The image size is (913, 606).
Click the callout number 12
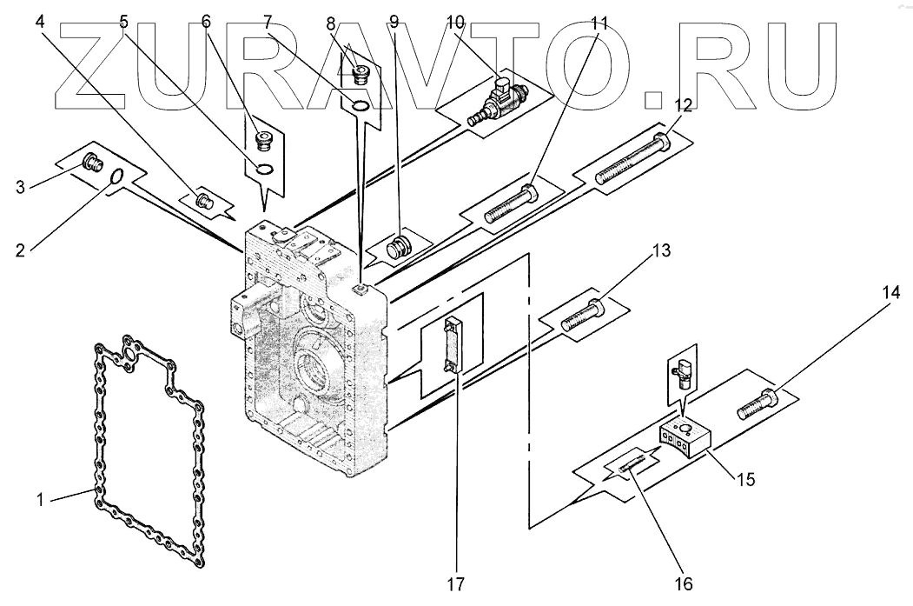click(x=683, y=105)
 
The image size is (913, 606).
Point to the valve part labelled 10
click(x=493, y=103)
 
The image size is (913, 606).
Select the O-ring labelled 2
click(x=116, y=177)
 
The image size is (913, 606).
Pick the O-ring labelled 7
click(x=360, y=106)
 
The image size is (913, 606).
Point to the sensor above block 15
click(x=680, y=370)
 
